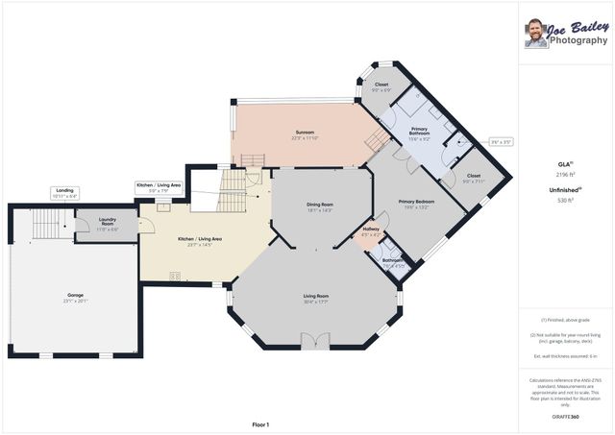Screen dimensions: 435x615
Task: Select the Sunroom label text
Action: [x=305, y=134]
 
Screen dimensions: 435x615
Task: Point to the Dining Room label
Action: [x=319, y=206]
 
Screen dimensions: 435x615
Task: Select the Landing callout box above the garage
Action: [x=65, y=193]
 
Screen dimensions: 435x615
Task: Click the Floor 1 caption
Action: [x=260, y=423]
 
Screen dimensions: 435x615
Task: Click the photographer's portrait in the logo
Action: [x=535, y=34]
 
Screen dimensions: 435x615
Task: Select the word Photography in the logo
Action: [x=578, y=41]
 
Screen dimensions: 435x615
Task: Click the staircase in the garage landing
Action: [x=45, y=227]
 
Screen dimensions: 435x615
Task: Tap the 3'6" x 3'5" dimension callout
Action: [x=501, y=141]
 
